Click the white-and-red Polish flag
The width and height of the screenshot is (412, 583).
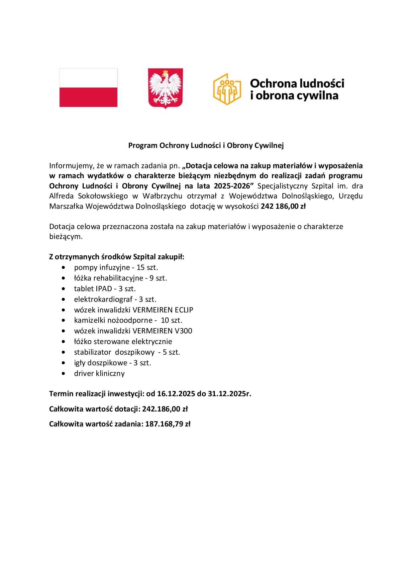(x=88, y=88)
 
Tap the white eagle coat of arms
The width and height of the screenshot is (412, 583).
(x=165, y=88)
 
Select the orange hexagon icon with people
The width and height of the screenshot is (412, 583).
(x=227, y=89)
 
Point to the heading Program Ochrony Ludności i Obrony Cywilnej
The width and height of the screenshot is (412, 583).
(x=206, y=145)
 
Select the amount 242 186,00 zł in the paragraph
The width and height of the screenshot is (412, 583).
(x=283, y=206)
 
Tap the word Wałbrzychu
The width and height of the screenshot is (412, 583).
(x=162, y=196)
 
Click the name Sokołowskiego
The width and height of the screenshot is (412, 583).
(x=103, y=196)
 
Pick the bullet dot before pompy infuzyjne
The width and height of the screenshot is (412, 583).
(x=63, y=268)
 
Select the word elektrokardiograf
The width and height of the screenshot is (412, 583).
(x=103, y=299)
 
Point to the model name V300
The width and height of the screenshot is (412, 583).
(x=183, y=331)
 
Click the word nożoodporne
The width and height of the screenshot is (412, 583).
(x=130, y=320)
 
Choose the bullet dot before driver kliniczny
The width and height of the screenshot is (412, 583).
(x=63, y=374)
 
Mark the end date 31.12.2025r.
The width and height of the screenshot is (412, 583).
(x=229, y=394)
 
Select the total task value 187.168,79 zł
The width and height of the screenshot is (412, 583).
(x=167, y=424)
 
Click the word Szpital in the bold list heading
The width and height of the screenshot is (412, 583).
(x=144, y=257)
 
